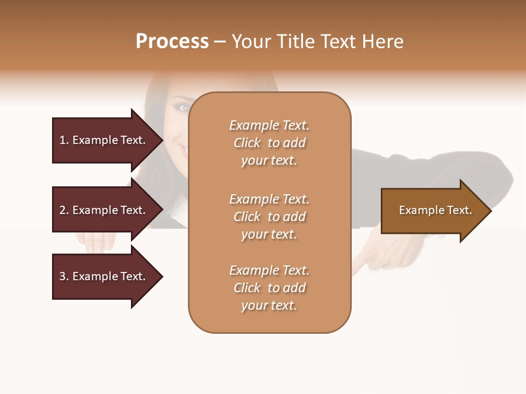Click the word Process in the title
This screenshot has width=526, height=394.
pos(172,42)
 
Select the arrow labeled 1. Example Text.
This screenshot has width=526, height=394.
pos(104,140)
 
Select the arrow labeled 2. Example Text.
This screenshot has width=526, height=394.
pos(104,210)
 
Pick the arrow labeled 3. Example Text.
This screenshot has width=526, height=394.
pos(104,276)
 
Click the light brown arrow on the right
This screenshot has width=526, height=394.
pos(433,211)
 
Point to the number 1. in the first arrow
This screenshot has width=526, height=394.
pos(64,140)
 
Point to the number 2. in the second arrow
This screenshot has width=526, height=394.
pos(64,210)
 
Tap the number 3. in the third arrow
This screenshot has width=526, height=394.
pos(64,276)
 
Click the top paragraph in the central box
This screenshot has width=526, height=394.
pos(269,143)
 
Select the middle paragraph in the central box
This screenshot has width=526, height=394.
pos(269,217)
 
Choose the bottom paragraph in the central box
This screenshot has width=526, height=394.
pos(269,288)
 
